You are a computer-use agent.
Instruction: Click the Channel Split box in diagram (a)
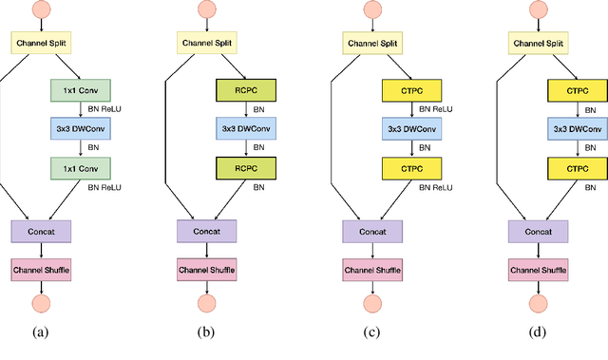[41, 43]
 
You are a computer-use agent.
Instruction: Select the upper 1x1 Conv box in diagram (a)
[81, 91]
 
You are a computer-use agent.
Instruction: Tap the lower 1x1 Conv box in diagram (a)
[81, 168]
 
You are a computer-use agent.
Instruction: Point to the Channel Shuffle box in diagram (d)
[539, 270]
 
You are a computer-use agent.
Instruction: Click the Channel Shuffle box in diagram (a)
[41, 270]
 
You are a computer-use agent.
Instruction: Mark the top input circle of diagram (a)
[41, 9]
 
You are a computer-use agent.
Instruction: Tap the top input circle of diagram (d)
[539, 9]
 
